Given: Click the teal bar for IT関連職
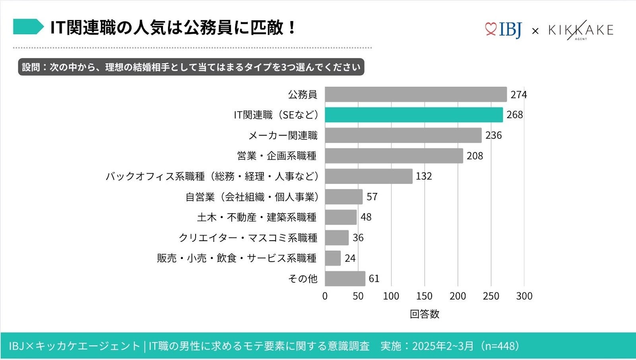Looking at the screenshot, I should point(413,115).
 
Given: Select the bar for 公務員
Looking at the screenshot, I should point(415,95).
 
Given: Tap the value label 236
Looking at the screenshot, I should point(493,135).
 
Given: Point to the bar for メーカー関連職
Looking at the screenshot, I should point(403,135).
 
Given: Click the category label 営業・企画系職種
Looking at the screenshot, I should point(277,156).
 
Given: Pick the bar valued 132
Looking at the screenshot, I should point(368,176).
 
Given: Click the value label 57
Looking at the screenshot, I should point(372,197).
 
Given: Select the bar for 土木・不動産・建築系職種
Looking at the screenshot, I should point(341,217).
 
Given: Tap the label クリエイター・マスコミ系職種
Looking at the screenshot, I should point(248,238).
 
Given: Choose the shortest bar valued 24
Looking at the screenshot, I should point(333,258).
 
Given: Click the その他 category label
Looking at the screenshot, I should point(302,279).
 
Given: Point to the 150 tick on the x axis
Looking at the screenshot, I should point(424,296).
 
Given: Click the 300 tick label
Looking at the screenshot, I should point(524,296).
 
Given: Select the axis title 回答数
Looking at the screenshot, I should point(424,314).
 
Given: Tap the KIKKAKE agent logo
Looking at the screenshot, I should point(580,30).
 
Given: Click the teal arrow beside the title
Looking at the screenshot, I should point(28,27).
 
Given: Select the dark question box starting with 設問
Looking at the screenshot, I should point(191,67).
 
